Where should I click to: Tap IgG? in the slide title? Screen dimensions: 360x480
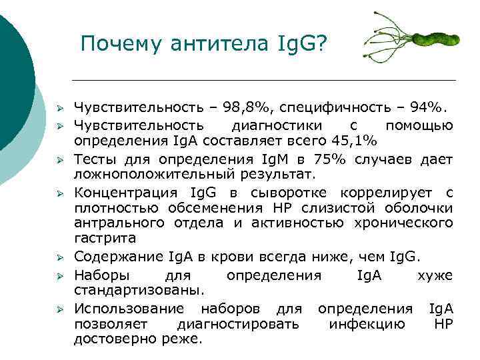pos(301,45)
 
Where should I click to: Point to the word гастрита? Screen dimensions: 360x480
pos(105,239)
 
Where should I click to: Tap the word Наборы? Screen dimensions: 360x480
pos(97,275)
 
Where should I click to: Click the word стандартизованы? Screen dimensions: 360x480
pos(138,291)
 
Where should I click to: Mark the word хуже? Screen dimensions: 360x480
pos(435,275)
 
